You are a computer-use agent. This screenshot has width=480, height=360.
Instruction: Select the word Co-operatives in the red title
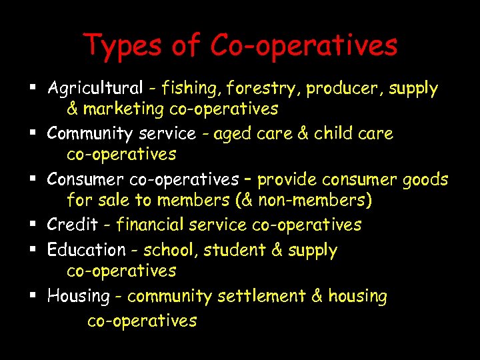[304, 45]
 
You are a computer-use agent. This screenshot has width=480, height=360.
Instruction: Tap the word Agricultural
[95, 88]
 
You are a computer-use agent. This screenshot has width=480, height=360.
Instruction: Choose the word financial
[151, 225]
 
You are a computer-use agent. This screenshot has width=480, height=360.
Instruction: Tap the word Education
[86, 251]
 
